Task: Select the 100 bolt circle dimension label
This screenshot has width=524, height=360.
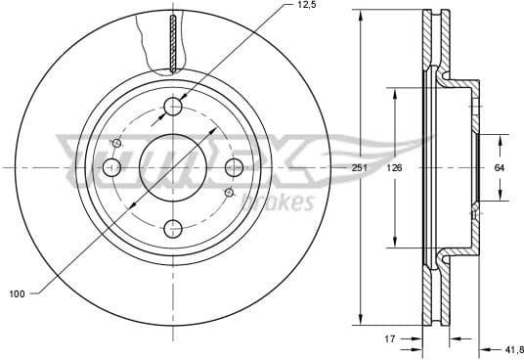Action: click(17, 292)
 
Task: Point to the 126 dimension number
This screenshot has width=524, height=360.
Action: click(394, 168)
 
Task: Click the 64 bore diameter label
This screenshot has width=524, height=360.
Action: click(499, 168)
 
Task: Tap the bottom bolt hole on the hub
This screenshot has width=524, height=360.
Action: click(173, 229)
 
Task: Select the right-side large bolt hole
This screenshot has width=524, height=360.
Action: click(235, 167)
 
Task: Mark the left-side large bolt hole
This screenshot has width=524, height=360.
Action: click(111, 167)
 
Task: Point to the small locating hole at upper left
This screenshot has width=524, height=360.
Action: click(117, 144)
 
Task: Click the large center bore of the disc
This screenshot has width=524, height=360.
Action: click(173, 167)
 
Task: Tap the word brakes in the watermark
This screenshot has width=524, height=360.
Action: click(277, 202)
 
